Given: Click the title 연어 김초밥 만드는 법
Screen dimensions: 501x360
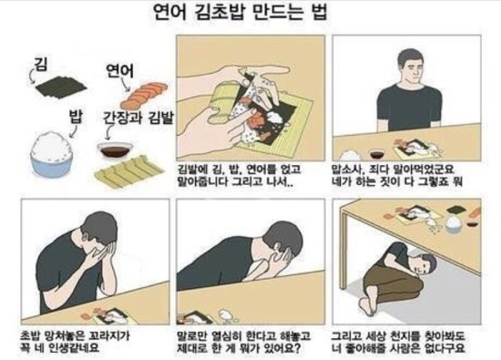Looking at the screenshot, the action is (240, 14).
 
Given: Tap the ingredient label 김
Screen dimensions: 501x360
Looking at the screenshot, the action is (40, 65).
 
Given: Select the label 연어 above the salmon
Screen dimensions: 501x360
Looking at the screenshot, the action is (119, 71).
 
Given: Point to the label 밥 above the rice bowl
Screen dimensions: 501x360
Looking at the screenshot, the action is (76, 117).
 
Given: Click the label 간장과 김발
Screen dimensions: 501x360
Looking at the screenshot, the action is (138, 118).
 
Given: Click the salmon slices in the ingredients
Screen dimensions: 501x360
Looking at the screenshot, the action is (144, 96).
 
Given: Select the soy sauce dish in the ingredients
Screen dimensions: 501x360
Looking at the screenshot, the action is (115, 150).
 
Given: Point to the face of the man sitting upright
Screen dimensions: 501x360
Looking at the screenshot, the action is (412, 68).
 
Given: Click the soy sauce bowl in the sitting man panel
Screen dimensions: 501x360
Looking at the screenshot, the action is (379, 153).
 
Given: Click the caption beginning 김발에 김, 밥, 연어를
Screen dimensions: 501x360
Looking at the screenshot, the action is (239, 176).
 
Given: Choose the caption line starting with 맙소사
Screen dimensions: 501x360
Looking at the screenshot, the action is (393, 170).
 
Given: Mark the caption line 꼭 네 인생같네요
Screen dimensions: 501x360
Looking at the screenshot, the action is (60, 347).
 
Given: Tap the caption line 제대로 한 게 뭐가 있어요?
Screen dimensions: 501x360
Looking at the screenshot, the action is (239, 347).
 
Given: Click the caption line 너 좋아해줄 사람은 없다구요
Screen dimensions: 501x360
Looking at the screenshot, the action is (397, 347).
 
